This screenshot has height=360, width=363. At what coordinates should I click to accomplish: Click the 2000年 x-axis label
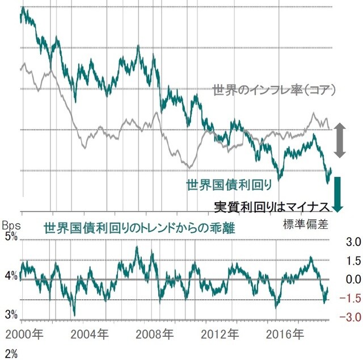coord(22,333)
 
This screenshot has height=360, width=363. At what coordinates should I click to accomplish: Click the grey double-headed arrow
coord(339,140)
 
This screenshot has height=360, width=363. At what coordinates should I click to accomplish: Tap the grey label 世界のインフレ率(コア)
coord(275,90)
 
